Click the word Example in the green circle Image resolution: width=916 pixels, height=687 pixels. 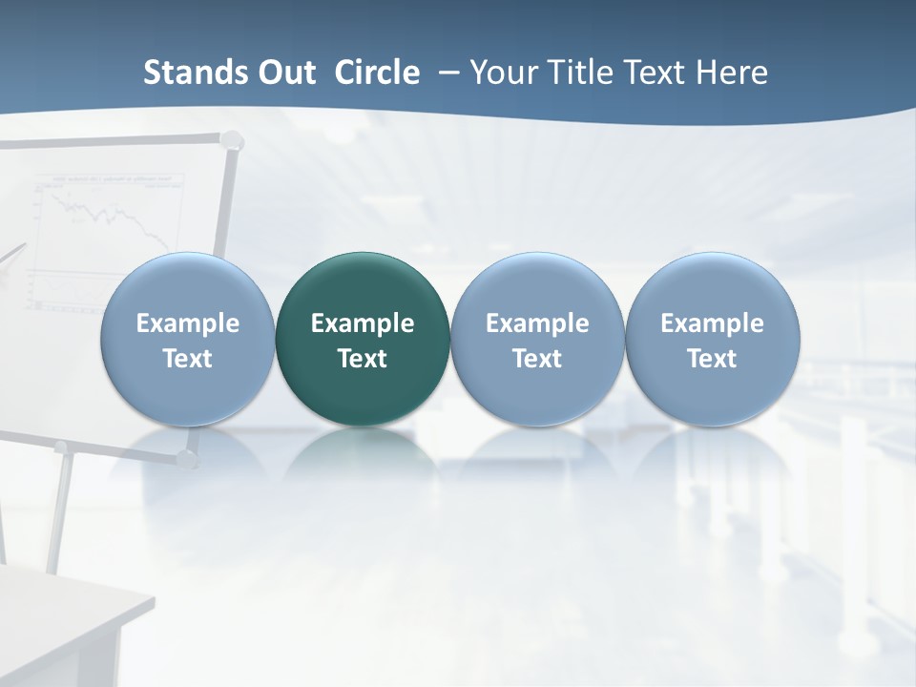point(363,323)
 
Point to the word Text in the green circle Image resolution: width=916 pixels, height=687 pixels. point(363,359)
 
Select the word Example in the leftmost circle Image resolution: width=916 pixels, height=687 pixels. point(188,323)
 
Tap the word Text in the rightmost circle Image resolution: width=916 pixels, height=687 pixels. point(712,359)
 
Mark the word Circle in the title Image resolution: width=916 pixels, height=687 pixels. point(377,73)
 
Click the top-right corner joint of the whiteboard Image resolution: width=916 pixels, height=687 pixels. point(229,138)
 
